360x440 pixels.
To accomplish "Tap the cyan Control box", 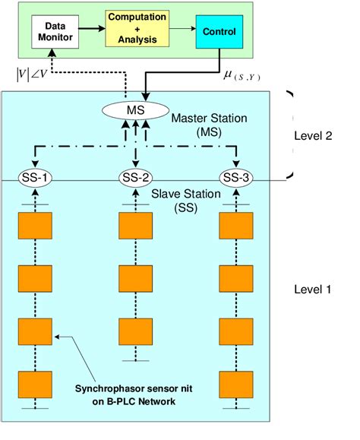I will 219,32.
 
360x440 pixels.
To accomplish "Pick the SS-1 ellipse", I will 35,179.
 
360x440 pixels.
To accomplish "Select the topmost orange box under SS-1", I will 35,226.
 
